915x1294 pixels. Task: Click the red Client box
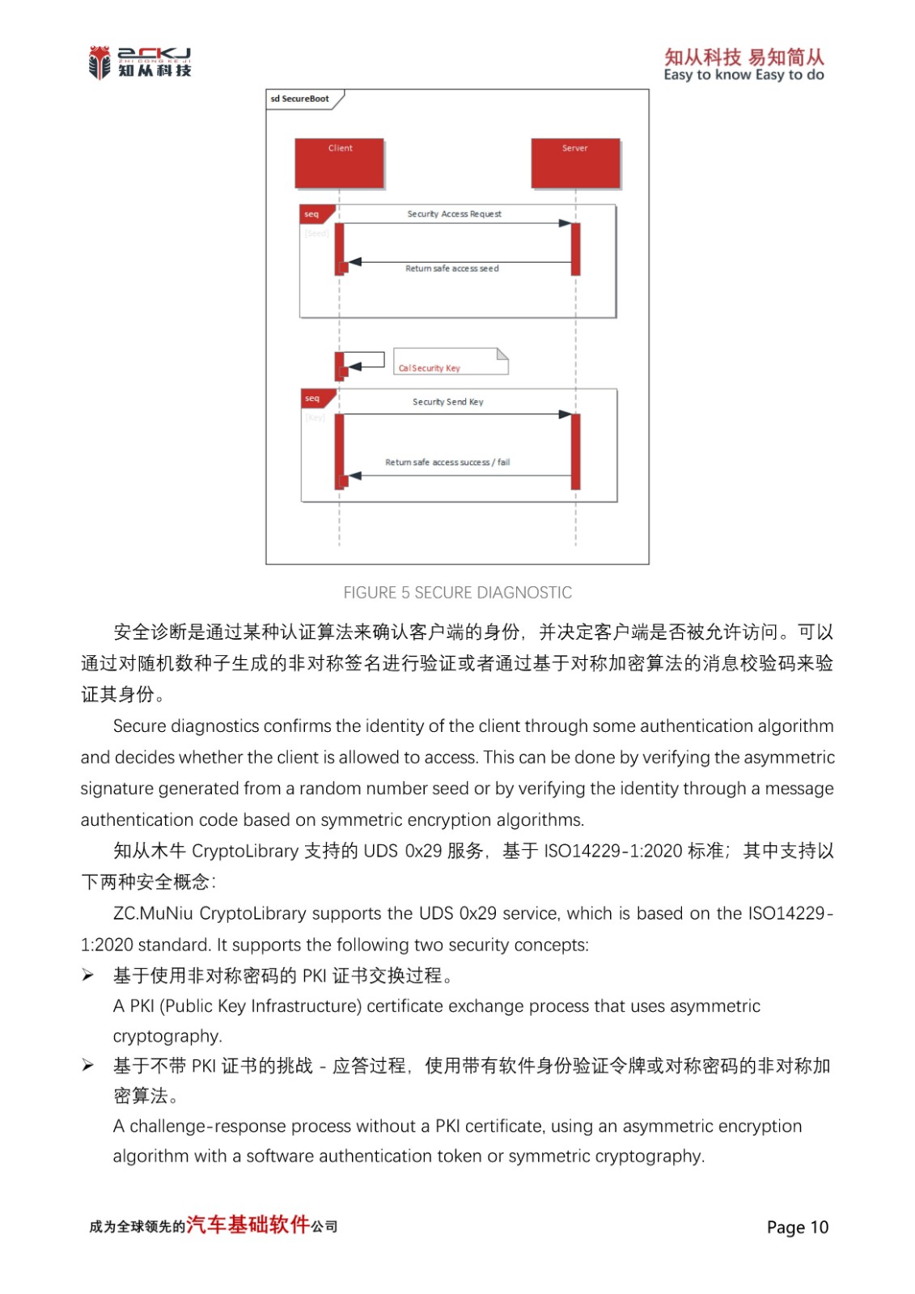pos(339,163)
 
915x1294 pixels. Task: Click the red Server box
pos(575,163)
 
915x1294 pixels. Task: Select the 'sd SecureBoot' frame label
pos(300,99)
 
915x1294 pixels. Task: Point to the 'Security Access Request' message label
pos(454,214)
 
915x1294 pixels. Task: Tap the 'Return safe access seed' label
pos(451,269)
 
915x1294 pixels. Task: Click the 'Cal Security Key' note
pos(450,362)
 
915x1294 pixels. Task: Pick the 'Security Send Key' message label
pos(447,402)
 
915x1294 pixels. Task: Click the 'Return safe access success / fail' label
pos(447,463)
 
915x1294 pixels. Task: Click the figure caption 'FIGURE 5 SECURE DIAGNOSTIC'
pos(457,593)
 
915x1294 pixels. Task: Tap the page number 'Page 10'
pos(797,1228)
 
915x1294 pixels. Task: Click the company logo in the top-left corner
pos(139,62)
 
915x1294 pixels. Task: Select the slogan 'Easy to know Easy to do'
pos(743,75)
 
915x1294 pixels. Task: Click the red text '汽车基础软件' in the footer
pos(248,1224)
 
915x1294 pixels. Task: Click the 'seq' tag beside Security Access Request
pos(312,214)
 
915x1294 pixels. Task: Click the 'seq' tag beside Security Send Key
pos(313,399)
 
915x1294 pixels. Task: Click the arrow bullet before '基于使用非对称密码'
pos(87,975)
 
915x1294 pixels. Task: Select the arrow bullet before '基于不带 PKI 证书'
pos(87,1066)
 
